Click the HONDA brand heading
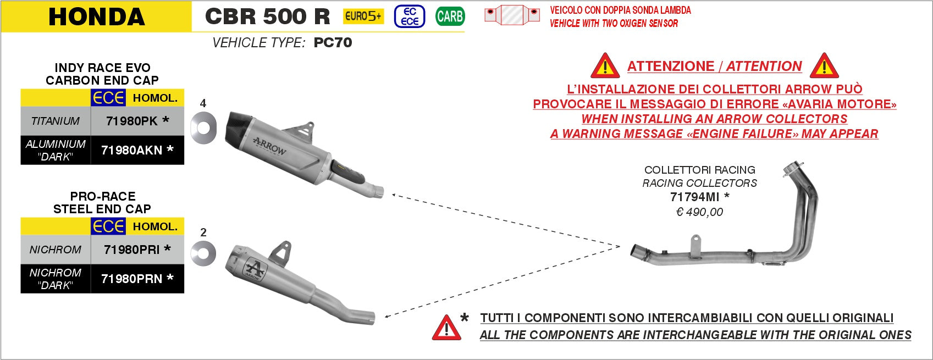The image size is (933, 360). pos(97,16)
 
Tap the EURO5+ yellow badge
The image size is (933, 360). pos(363,16)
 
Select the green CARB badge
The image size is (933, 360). pos(450,16)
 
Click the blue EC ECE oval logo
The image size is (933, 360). pos(410,16)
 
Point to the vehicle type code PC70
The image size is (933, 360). pos(333,42)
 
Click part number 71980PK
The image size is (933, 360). pos(131,121)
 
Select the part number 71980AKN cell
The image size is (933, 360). pos(137,150)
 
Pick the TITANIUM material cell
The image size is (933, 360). pos(56,121)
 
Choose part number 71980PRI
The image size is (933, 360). pos(131,250)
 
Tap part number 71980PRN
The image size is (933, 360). pos(131,279)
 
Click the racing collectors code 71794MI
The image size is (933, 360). pos(694,197)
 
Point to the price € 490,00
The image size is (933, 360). pos(699,212)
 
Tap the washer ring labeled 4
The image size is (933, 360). pos(203,128)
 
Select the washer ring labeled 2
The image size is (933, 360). pos(203,253)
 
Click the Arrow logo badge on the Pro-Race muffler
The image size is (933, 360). pos(255,268)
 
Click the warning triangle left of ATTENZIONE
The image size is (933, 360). pos(605,66)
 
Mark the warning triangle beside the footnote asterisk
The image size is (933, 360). pos(446,328)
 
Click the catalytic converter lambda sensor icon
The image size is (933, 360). pos(512,15)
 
